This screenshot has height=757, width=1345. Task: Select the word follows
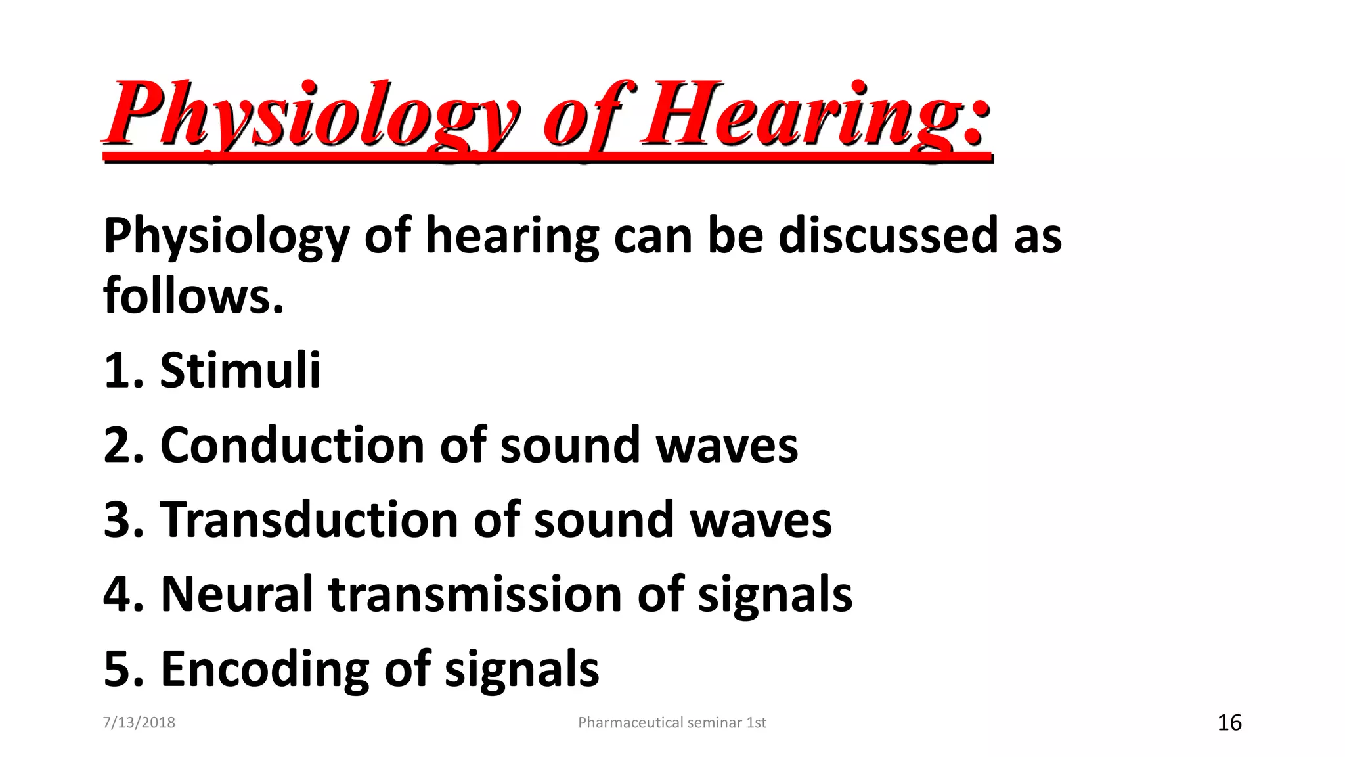click(x=193, y=296)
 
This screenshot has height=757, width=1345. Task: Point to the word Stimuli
click(x=240, y=371)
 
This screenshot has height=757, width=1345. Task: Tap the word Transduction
click(x=309, y=520)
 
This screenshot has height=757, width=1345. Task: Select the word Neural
click(x=236, y=595)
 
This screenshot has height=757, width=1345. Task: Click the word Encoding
click(x=265, y=669)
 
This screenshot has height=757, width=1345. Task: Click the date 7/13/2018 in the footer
click(x=139, y=722)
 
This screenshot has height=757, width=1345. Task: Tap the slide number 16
click(x=1229, y=722)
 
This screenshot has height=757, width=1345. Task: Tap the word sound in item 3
click(x=604, y=520)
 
